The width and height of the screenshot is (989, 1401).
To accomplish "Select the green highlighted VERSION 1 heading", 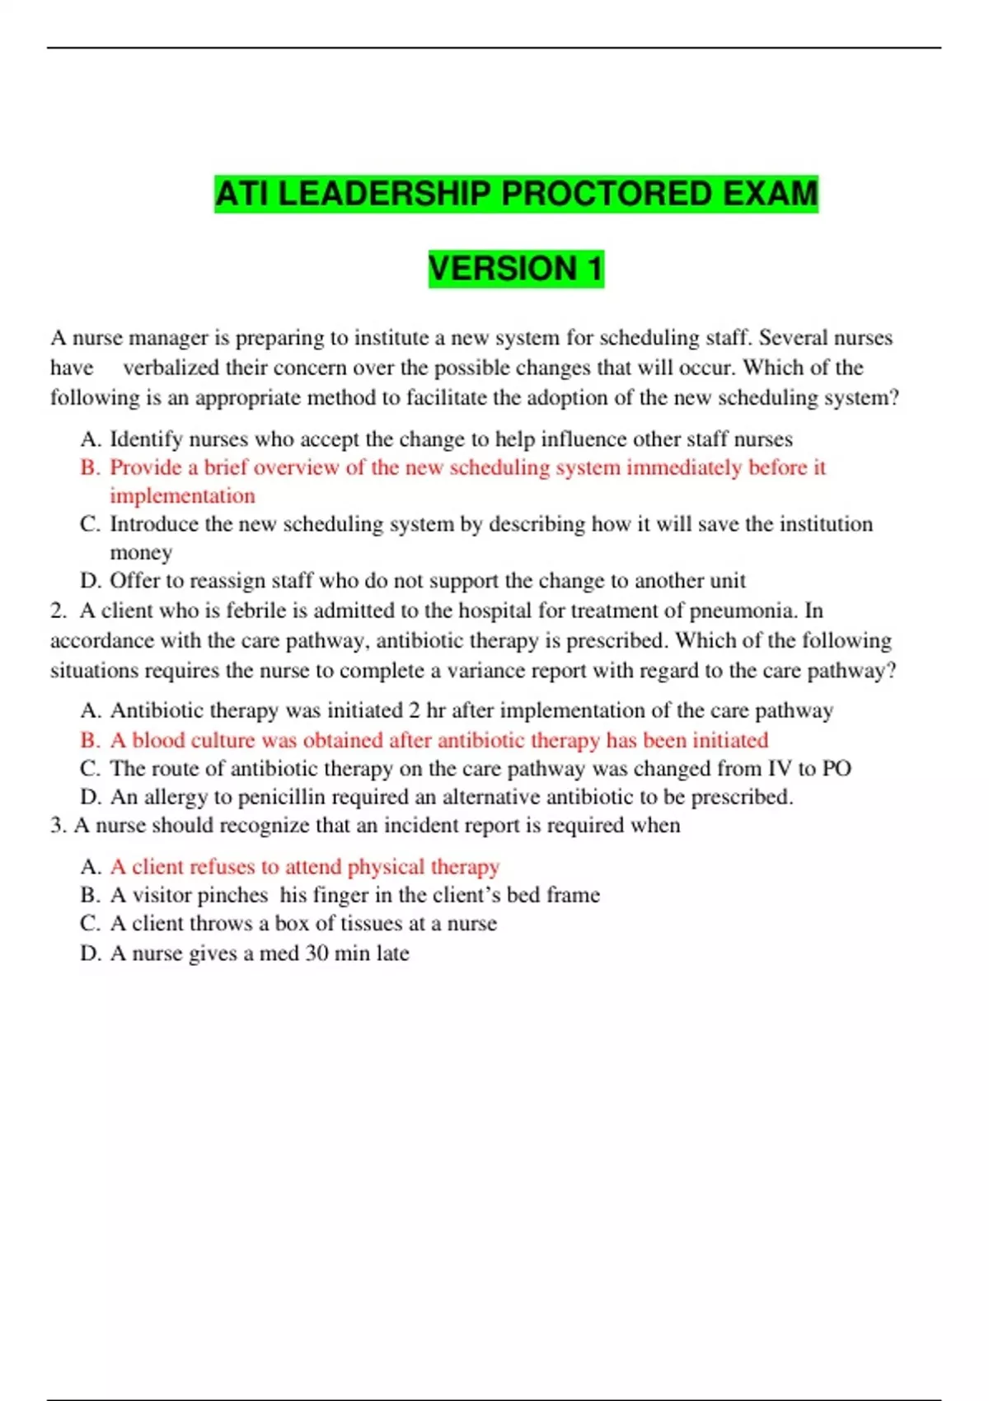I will pos(516,269).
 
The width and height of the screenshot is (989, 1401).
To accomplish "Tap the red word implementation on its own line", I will pos(182,496).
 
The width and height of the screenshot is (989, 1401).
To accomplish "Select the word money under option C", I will pos(141,552).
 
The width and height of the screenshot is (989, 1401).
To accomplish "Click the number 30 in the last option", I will pos(316,954).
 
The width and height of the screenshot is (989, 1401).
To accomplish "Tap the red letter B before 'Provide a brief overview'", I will pos(89,467).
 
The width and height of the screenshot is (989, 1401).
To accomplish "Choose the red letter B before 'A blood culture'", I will pos(89,740).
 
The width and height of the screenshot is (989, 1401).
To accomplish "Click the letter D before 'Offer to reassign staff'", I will pos(89,581).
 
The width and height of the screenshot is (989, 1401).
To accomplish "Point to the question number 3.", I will pos(57,826).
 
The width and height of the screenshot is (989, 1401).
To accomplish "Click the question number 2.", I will pos(58,611).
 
